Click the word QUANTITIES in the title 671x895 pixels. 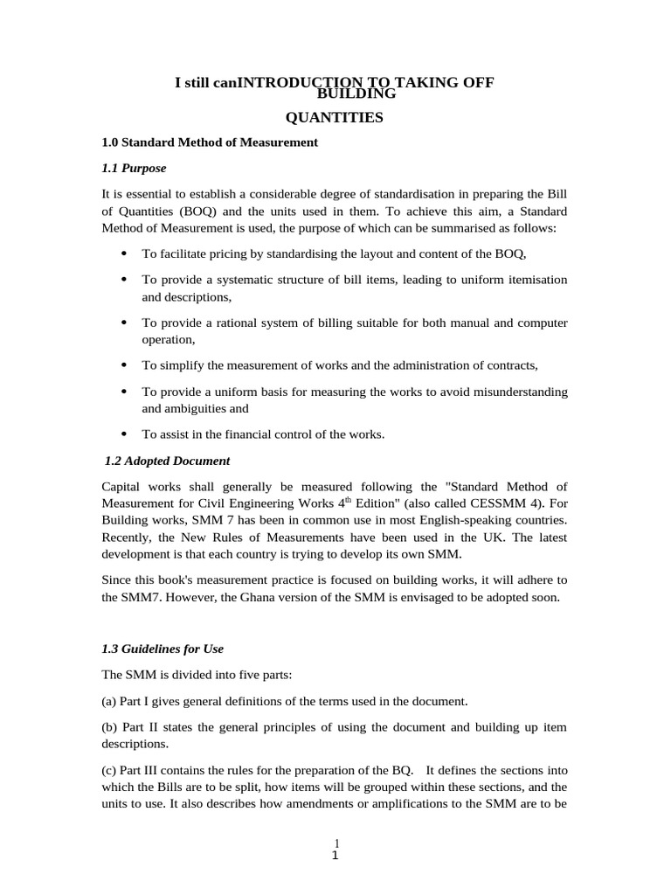335,117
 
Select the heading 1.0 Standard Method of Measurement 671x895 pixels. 210,142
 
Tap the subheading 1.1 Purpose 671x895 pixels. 134,168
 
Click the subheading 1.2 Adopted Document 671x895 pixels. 167,461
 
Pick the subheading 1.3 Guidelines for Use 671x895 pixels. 163,649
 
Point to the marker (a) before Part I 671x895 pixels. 111,701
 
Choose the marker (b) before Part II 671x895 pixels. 111,727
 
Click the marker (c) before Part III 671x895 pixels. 111,770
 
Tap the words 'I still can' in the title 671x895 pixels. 206,82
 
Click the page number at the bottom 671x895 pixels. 335,850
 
